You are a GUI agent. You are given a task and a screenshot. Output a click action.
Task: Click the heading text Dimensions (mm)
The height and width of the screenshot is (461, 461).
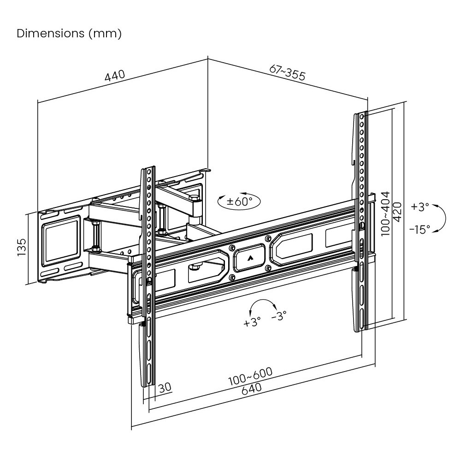coord(69,34)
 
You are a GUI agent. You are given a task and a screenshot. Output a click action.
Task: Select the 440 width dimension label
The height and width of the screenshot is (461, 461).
coord(115,76)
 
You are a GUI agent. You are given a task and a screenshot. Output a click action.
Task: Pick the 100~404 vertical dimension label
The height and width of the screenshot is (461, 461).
coord(385,214)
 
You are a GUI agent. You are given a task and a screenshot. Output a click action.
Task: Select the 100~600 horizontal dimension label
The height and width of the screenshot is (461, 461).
coord(251,377)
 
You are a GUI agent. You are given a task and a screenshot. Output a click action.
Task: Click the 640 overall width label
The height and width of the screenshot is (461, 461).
coord(251,388)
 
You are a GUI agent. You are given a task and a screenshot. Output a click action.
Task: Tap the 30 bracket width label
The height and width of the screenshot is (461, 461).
coord(164,388)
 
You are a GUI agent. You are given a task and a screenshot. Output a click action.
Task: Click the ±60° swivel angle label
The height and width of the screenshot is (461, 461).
coord(239,201)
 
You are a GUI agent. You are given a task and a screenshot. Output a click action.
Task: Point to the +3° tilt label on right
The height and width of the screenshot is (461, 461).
coord(420,207)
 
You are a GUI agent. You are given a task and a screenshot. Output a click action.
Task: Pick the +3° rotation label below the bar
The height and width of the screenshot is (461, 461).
coord(252,321)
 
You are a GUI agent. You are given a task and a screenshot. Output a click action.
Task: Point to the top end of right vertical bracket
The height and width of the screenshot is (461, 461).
coord(361,113)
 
